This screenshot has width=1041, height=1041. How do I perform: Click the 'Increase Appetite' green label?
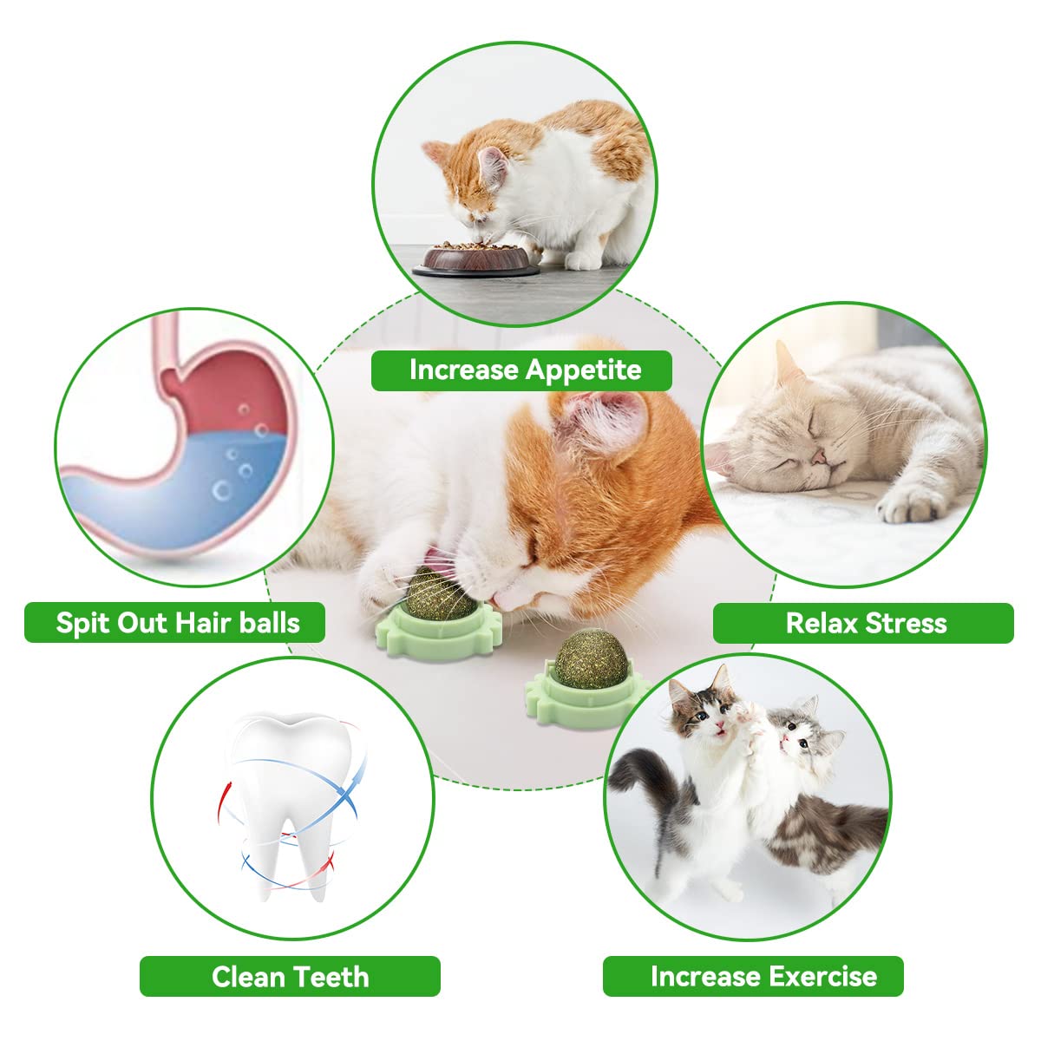point(521,370)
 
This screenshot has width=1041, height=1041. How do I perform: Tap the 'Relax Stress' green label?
point(863,623)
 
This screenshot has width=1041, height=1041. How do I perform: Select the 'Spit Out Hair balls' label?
point(174,623)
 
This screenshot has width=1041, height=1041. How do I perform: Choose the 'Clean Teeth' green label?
point(290,976)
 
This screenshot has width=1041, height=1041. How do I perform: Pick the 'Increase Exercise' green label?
point(753,976)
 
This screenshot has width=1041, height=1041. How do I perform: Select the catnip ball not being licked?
point(586,656)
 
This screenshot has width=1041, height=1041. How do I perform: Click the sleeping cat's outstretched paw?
point(911,503)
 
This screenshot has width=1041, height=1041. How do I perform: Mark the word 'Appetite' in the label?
point(583,370)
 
